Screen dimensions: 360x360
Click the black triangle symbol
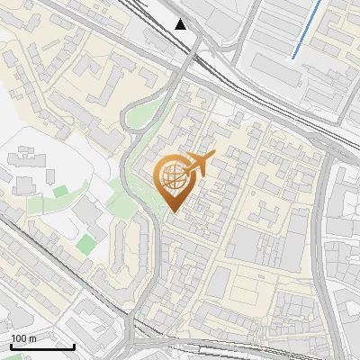pos(181,23)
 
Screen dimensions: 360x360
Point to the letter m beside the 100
pos(31,338)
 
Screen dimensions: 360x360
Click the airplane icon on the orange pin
pos(199,165)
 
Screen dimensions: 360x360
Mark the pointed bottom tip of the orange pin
pos(173,212)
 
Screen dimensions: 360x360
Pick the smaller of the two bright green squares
pos(60,191)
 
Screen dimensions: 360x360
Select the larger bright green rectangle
pos(86,244)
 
